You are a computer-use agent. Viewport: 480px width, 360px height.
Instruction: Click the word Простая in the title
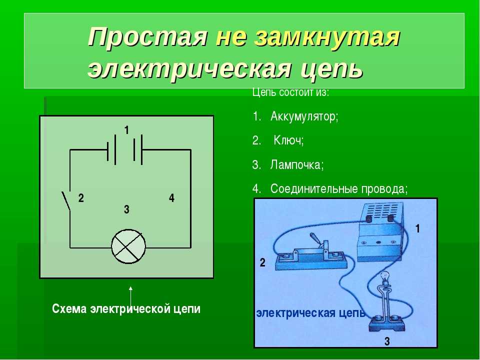coord(147,37)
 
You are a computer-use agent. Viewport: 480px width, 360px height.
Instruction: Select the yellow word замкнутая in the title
coord(326,37)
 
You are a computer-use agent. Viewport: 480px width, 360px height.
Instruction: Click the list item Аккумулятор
coord(304,116)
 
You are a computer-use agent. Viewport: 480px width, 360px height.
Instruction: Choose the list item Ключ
coord(288,140)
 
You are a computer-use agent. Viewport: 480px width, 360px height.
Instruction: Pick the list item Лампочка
coord(296,165)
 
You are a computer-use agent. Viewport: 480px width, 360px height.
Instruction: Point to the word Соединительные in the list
coord(314,189)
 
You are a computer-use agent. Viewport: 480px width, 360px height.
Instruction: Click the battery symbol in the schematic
coord(125,149)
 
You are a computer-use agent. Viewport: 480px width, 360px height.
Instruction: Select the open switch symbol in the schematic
coord(66,201)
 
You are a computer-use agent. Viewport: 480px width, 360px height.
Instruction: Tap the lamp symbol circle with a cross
coord(128,246)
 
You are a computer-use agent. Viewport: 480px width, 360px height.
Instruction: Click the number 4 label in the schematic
coord(171,198)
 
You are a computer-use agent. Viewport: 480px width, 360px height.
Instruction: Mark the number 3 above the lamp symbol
coord(126,209)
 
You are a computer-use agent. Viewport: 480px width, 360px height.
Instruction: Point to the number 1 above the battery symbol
coord(126,130)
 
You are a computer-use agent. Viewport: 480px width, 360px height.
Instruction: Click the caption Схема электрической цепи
coord(126,308)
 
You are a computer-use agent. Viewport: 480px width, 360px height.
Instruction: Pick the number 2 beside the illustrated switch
coord(262,262)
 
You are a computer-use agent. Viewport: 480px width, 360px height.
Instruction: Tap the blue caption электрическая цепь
coord(310,313)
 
